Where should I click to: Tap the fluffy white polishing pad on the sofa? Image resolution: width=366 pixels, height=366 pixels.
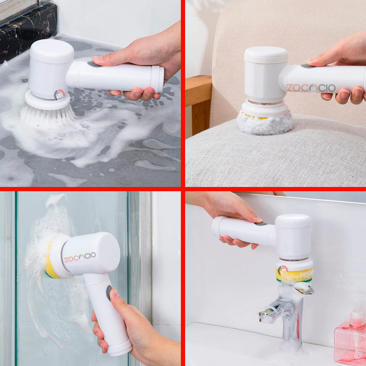click(x=265, y=124)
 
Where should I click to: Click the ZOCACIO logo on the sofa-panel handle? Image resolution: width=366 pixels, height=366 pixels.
click(x=311, y=88)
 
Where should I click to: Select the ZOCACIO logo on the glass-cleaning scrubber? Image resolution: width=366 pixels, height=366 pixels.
click(x=80, y=257)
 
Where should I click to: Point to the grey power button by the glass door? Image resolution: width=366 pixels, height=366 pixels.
click(x=109, y=293)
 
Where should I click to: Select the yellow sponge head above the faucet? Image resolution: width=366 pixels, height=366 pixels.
click(x=294, y=275)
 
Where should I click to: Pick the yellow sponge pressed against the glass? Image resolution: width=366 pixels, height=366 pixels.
click(x=51, y=259)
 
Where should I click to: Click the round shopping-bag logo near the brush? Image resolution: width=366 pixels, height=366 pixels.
click(x=59, y=95)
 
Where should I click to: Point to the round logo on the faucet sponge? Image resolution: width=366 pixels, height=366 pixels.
click(x=283, y=270)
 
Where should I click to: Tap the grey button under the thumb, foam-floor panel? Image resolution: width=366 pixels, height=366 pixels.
click(x=94, y=64)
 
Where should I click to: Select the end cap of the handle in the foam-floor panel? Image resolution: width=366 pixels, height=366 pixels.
click(x=157, y=79)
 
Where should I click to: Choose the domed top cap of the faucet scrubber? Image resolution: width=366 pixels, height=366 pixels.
click(x=293, y=221)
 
